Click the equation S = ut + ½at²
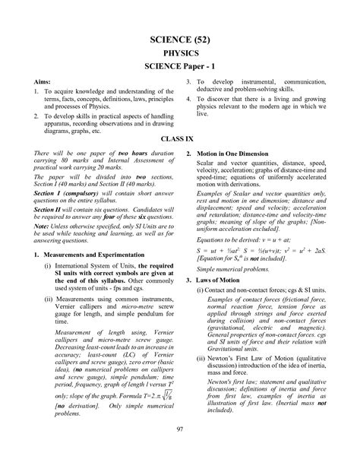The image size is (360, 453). [213, 250]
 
